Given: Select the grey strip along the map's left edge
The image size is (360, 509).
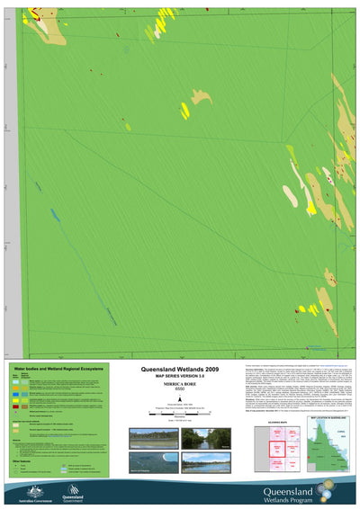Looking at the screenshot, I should [11, 180].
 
